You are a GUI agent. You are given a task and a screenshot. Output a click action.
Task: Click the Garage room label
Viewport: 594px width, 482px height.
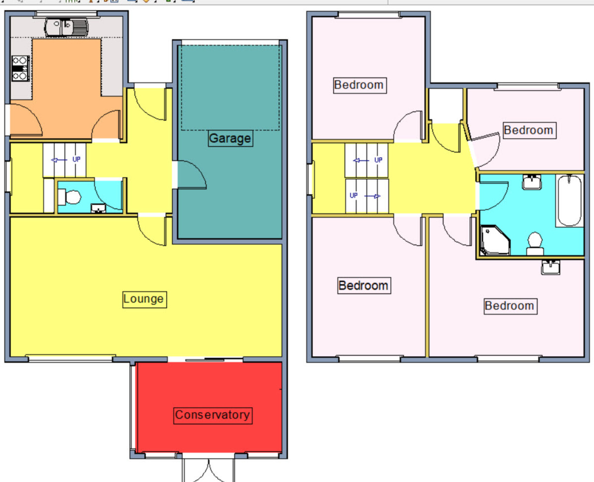click(x=230, y=138)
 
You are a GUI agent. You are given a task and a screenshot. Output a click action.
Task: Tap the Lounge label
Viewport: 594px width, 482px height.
click(x=145, y=300)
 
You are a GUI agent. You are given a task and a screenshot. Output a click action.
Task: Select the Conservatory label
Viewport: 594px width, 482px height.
click(x=213, y=416)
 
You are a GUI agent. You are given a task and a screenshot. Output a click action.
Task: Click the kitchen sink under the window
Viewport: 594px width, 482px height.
click(x=66, y=27)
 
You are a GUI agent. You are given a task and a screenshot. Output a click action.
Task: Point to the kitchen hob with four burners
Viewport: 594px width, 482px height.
click(x=20, y=68)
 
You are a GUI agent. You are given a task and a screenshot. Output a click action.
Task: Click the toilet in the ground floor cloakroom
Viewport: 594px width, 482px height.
click(x=69, y=197)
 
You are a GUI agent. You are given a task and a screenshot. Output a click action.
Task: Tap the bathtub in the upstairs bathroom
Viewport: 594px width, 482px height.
click(x=570, y=201)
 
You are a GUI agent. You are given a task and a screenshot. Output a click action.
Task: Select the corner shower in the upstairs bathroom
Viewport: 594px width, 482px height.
click(x=495, y=240)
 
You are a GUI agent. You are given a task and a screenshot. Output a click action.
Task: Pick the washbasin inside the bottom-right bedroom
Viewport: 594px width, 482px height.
click(x=550, y=267)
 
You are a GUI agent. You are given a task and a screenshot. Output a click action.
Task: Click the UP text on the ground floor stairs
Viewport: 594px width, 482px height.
click(x=76, y=160)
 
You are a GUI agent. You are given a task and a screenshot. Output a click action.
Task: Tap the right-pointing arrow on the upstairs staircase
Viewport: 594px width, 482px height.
click(x=372, y=196)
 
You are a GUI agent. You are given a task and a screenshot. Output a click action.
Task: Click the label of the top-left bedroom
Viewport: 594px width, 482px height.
click(x=360, y=85)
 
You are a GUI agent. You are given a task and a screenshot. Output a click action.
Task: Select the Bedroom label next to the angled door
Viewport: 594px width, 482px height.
click(x=529, y=130)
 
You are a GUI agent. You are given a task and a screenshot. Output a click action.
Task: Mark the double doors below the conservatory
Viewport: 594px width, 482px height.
click(x=208, y=470)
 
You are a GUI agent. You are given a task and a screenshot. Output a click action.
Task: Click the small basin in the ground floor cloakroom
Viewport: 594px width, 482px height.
click(x=99, y=208)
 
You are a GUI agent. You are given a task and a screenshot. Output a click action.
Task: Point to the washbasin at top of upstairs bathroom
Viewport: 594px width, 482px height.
click(x=532, y=182)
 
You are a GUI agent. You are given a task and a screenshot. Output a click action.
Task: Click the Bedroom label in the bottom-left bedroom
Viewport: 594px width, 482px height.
click(x=364, y=285)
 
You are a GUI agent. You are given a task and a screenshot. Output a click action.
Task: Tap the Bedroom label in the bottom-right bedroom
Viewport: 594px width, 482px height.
click(x=510, y=306)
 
